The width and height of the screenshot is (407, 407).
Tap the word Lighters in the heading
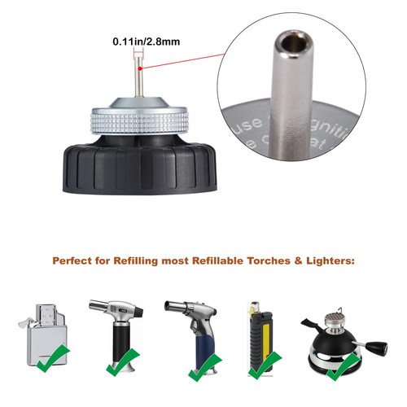click(328, 262)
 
